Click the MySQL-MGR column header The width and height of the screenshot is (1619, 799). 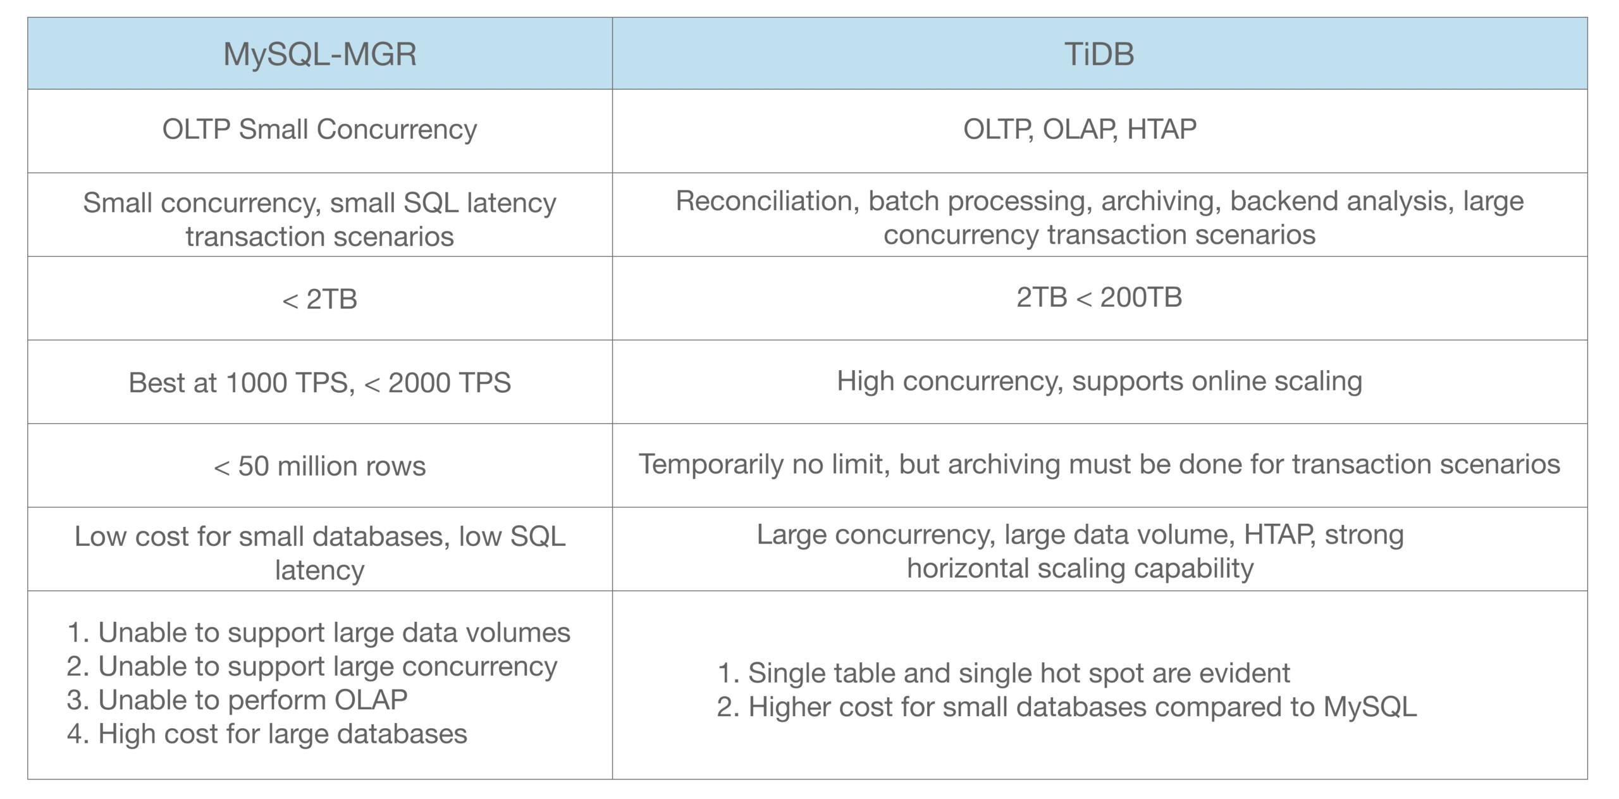click(x=320, y=54)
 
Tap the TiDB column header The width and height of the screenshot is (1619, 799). click(x=1099, y=54)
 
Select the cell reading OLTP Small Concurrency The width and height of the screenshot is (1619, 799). click(x=319, y=130)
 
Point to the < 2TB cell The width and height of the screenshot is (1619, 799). click(x=319, y=299)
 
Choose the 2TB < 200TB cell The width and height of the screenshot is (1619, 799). click(x=1099, y=297)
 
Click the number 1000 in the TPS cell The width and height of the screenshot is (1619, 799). click(x=256, y=382)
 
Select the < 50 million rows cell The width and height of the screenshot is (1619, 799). click(x=319, y=466)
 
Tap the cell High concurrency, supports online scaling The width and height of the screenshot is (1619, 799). click(x=1099, y=381)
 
